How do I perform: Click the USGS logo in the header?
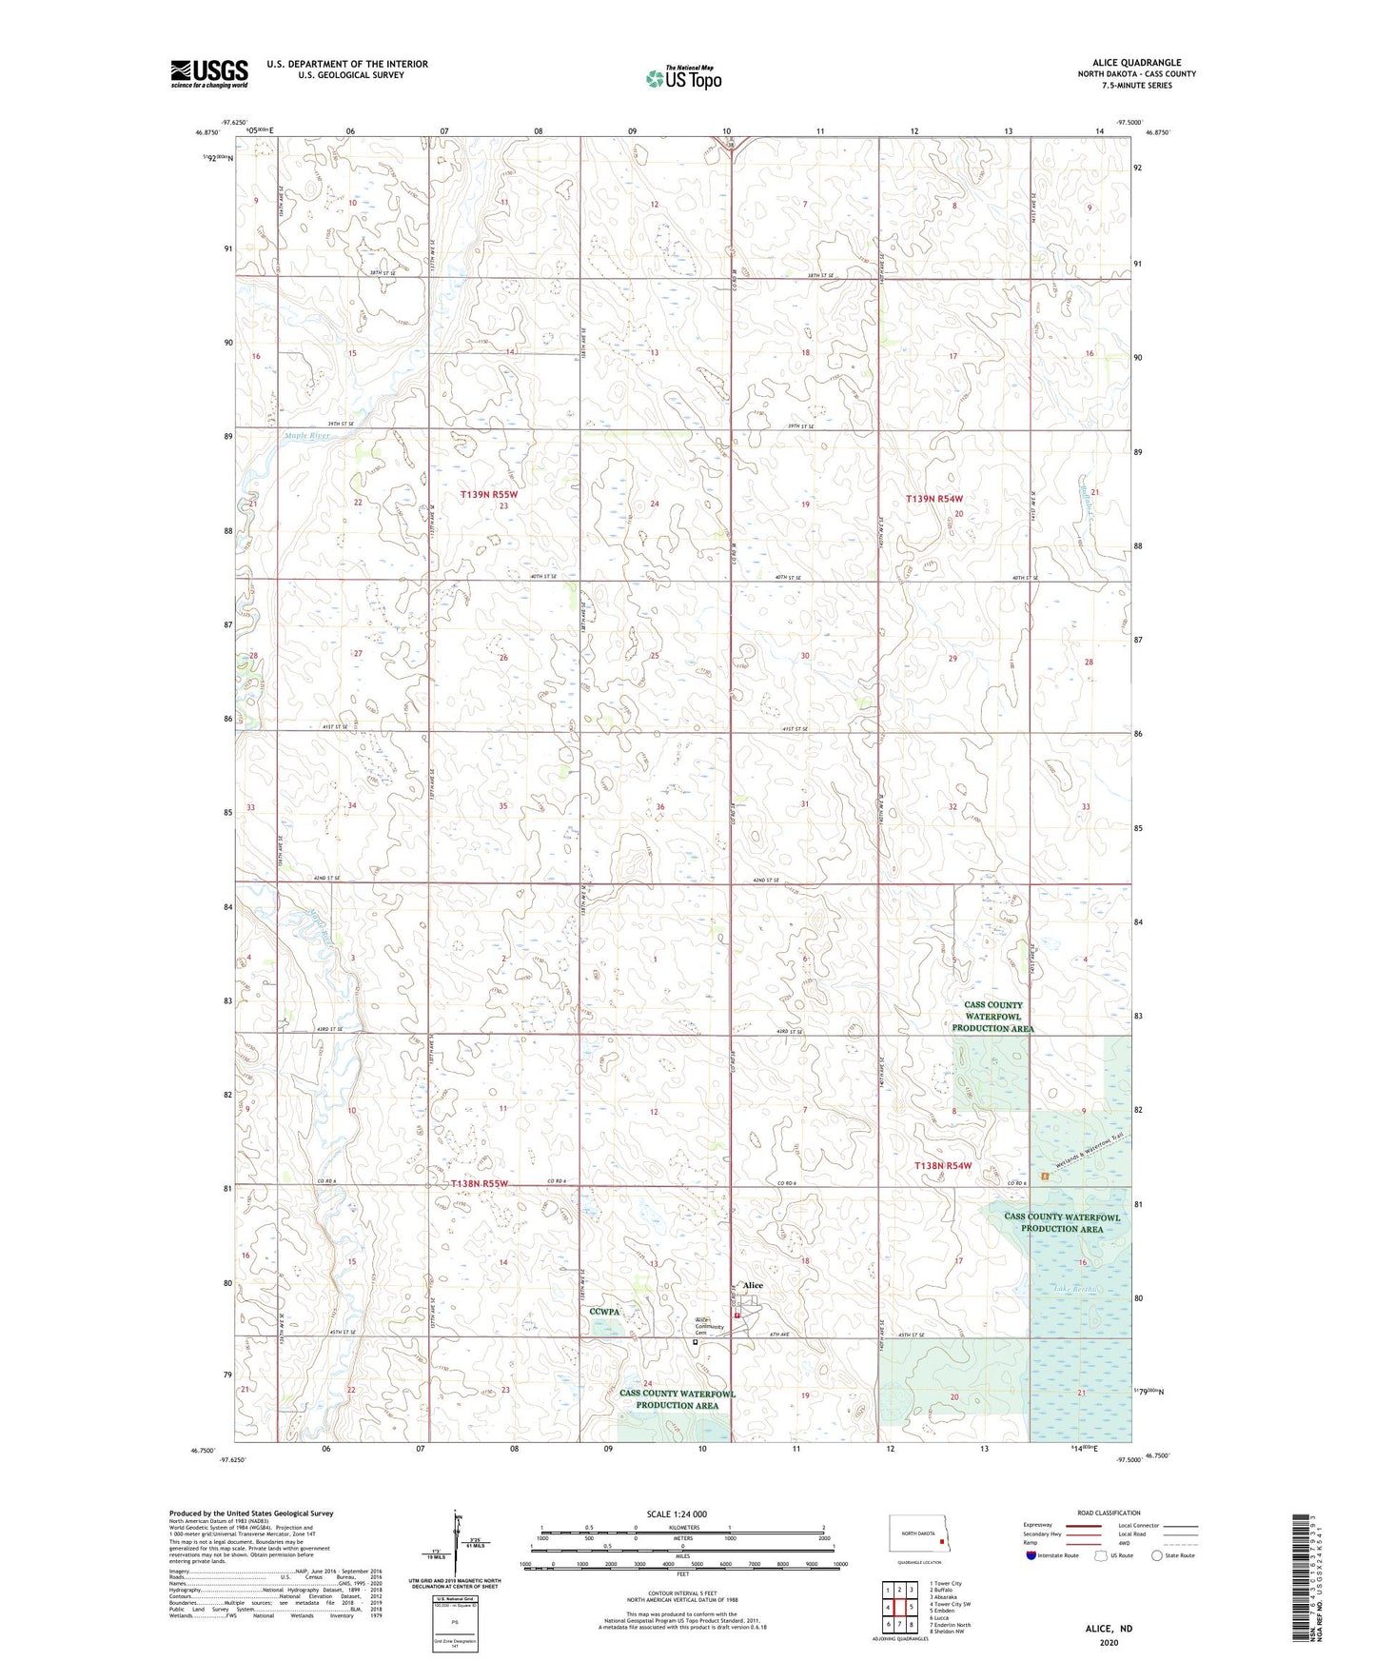click(x=209, y=73)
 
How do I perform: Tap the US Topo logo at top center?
click(x=683, y=78)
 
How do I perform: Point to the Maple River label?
click(x=307, y=436)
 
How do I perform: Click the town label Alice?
click(x=753, y=1285)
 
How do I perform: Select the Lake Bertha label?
click(x=1076, y=1289)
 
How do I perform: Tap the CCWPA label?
click(x=604, y=1312)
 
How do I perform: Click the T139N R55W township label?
click(x=489, y=494)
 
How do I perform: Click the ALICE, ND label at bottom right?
click(x=1109, y=1629)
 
